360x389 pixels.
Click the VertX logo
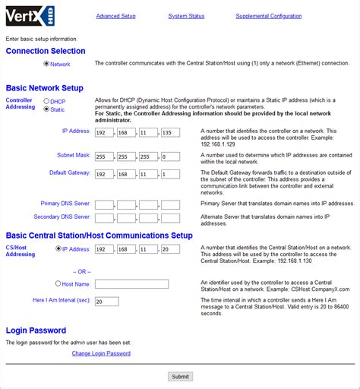(30, 15)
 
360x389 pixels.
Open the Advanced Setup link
(115, 16)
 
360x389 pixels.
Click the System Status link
(186, 16)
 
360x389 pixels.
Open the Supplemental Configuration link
(268, 16)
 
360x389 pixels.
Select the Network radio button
(47, 65)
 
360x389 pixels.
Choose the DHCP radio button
(47, 101)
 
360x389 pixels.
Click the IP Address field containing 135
(171, 132)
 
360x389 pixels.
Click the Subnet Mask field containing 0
(171, 157)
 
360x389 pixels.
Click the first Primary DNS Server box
(104, 205)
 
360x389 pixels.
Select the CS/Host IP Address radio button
(58, 248)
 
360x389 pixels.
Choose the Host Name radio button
(58, 283)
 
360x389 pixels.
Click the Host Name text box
(142, 284)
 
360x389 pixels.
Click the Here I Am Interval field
(106, 301)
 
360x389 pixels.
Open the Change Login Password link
(101, 353)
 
